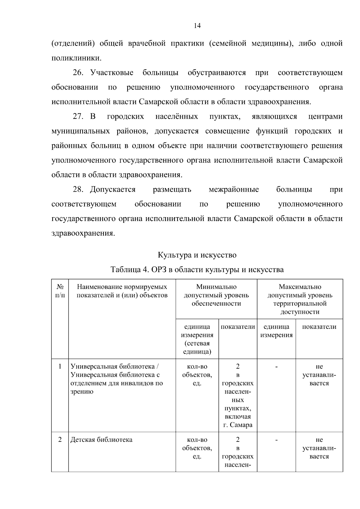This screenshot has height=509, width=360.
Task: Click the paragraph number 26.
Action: [x=79, y=73]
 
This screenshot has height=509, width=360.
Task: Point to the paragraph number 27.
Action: [x=79, y=116]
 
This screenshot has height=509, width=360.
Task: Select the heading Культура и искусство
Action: [x=197, y=255]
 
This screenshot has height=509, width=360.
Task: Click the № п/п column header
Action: [x=60, y=291]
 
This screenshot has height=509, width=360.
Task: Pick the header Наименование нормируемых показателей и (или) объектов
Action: [x=122, y=291]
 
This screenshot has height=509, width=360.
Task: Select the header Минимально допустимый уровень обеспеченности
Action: [x=216, y=295]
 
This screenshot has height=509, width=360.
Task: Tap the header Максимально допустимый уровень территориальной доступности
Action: [x=300, y=299]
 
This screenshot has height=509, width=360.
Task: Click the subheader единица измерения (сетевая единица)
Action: [x=197, y=339]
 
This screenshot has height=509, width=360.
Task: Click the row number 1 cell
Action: [x=60, y=366]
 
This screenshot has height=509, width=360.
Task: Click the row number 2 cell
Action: [x=60, y=440]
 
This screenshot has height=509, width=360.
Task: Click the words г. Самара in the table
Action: [x=238, y=425]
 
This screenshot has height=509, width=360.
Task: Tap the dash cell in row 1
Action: [x=276, y=366]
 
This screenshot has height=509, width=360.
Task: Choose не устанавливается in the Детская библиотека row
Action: [x=319, y=448]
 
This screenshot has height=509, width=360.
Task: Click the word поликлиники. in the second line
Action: [x=76, y=58]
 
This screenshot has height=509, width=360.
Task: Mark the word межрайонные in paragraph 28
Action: [x=234, y=190]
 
